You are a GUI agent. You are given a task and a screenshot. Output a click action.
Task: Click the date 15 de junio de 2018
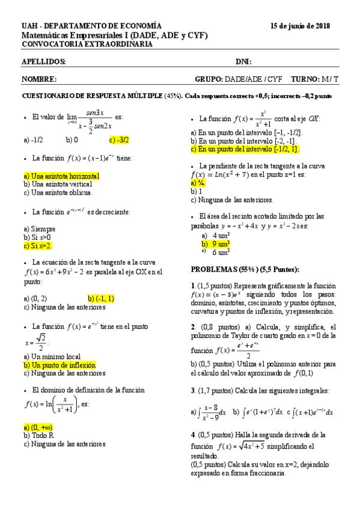(300, 26)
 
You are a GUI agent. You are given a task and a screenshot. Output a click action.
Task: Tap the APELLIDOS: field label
(44, 62)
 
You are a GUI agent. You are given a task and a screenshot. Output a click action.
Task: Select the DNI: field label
(243, 62)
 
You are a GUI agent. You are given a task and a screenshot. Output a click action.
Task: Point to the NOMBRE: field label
(40, 79)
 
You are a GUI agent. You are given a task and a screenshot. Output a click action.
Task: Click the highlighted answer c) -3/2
(119, 140)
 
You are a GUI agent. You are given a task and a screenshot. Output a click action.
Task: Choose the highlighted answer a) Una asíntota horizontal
(61, 176)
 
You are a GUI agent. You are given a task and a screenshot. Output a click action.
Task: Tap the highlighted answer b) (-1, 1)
(101, 298)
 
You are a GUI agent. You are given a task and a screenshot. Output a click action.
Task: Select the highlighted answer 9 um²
(221, 244)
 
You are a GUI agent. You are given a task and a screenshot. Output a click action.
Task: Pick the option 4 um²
(221, 235)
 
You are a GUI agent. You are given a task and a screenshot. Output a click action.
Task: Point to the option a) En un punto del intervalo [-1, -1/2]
(246, 132)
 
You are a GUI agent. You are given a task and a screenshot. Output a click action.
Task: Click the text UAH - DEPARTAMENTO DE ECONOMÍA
(91, 26)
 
